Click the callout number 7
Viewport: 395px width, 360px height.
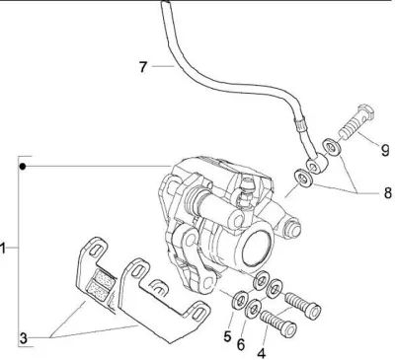[x=142, y=67]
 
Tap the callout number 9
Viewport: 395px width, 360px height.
[x=385, y=150]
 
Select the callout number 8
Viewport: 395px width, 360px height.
[x=388, y=193]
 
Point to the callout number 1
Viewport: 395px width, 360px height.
[x=3, y=249]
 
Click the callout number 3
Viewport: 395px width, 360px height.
[x=23, y=338]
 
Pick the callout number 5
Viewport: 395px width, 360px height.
[x=227, y=336]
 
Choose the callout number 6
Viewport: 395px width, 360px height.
[x=241, y=345]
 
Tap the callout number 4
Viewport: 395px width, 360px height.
[x=262, y=354]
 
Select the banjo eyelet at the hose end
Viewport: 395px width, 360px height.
[x=316, y=165]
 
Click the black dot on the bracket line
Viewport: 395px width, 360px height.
[x=22, y=167]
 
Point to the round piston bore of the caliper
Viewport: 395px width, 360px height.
[x=258, y=246]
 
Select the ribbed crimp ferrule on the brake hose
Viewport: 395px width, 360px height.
[x=301, y=125]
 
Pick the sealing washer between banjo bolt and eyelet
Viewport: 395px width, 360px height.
[x=332, y=146]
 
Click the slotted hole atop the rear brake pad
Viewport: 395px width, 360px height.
[x=96, y=250]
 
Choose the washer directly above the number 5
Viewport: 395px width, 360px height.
[x=240, y=300]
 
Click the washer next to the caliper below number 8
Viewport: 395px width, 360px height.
[x=304, y=178]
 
